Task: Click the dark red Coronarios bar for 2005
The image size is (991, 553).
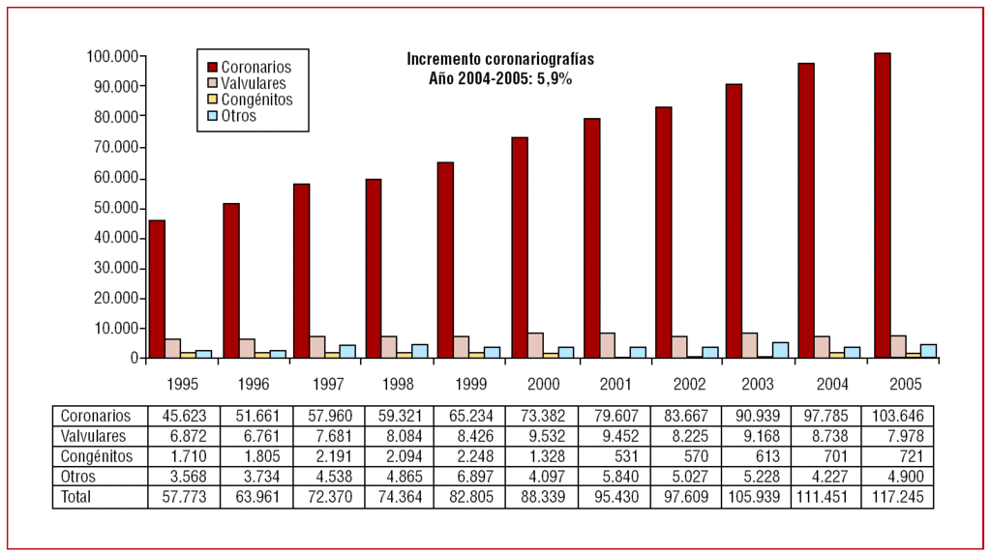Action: click(x=882, y=205)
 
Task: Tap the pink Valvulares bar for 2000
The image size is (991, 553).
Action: click(x=535, y=345)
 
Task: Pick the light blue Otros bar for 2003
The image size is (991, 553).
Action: click(x=780, y=350)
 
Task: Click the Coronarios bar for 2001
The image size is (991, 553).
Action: click(x=592, y=238)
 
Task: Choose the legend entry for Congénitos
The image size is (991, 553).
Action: click(x=255, y=100)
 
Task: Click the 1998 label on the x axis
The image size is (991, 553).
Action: click(x=398, y=384)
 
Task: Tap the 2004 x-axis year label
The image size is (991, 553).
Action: click(x=830, y=384)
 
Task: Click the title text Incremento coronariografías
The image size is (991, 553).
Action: click(x=500, y=59)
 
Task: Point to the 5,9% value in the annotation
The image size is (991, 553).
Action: click(x=556, y=79)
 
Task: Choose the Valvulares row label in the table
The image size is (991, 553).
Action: click(x=93, y=436)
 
